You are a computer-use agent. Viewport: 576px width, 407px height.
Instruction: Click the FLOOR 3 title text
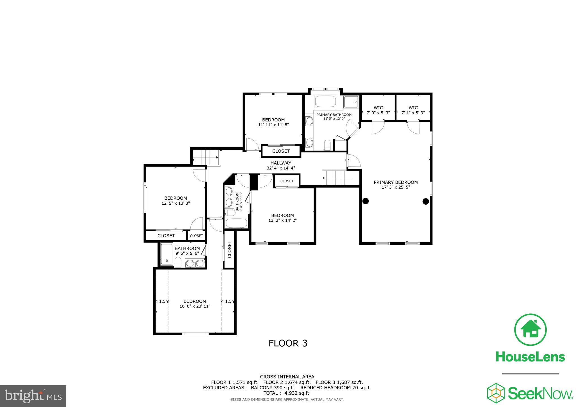click(x=288, y=343)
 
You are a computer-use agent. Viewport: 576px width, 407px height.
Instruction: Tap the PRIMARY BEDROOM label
click(x=395, y=182)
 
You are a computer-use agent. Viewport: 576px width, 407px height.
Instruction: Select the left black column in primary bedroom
click(x=365, y=201)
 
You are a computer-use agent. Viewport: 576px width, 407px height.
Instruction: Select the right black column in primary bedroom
click(x=426, y=201)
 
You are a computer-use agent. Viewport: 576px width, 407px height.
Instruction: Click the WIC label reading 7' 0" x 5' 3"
click(x=378, y=113)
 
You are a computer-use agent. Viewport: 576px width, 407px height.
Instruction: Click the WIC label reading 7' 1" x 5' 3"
click(x=413, y=113)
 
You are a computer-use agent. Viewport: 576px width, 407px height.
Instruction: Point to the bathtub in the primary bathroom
click(x=325, y=101)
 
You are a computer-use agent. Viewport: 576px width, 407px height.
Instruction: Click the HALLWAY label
click(x=281, y=163)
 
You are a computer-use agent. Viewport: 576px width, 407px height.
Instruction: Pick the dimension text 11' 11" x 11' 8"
click(x=273, y=125)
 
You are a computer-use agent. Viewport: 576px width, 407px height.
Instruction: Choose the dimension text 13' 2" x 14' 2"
click(x=282, y=220)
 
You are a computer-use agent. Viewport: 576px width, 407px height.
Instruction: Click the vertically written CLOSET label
click(x=229, y=249)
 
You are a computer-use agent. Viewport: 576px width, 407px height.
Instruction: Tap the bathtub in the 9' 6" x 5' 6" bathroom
click(x=167, y=255)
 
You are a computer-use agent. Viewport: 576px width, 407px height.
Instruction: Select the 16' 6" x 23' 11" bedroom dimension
click(x=195, y=306)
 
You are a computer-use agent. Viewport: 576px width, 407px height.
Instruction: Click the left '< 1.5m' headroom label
click(x=162, y=301)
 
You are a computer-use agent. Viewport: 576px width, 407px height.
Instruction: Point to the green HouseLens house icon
click(x=530, y=329)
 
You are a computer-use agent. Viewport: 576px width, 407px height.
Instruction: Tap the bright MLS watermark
click(x=33, y=396)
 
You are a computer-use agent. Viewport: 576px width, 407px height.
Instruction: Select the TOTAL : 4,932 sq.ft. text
click(x=287, y=393)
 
